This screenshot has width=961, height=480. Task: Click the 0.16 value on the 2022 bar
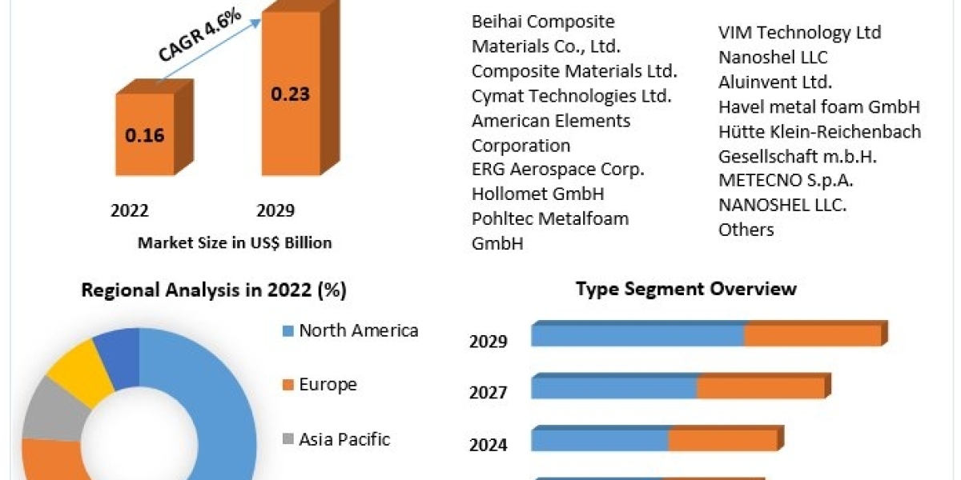point(145,134)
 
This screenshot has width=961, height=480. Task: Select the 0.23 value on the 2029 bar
point(290,94)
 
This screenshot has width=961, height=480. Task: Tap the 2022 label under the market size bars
point(130,210)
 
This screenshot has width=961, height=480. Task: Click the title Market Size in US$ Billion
point(235,242)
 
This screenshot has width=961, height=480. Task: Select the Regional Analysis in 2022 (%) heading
point(214,290)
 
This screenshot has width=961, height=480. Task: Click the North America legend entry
point(358,330)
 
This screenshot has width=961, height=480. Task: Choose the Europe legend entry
point(328,385)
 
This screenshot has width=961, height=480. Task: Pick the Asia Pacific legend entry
point(344,438)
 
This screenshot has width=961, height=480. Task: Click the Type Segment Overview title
point(686,289)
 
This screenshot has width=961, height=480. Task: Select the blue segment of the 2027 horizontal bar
point(614,388)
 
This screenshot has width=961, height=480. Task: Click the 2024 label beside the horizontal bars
point(489,445)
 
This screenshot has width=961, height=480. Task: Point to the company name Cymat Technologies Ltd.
point(571,96)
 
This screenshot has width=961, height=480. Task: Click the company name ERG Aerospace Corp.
point(558,170)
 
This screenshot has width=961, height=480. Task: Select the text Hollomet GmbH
point(537,194)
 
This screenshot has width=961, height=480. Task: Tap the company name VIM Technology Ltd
point(800,33)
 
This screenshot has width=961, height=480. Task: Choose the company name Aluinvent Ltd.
point(775,82)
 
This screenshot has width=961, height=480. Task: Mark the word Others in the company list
point(746,230)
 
